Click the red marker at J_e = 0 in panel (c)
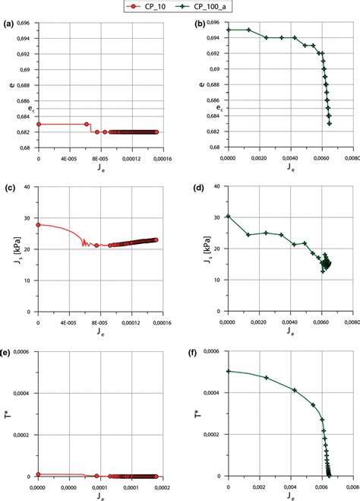click(x=38, y=224)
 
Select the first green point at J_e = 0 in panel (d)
click(x=228, y=217)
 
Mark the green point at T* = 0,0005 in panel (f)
click(x=228, y=372)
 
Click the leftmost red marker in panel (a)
click(x=38, y=124)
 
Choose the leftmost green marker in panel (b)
click(x=228, y=30)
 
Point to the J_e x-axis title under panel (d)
click(x=289, y=333)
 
